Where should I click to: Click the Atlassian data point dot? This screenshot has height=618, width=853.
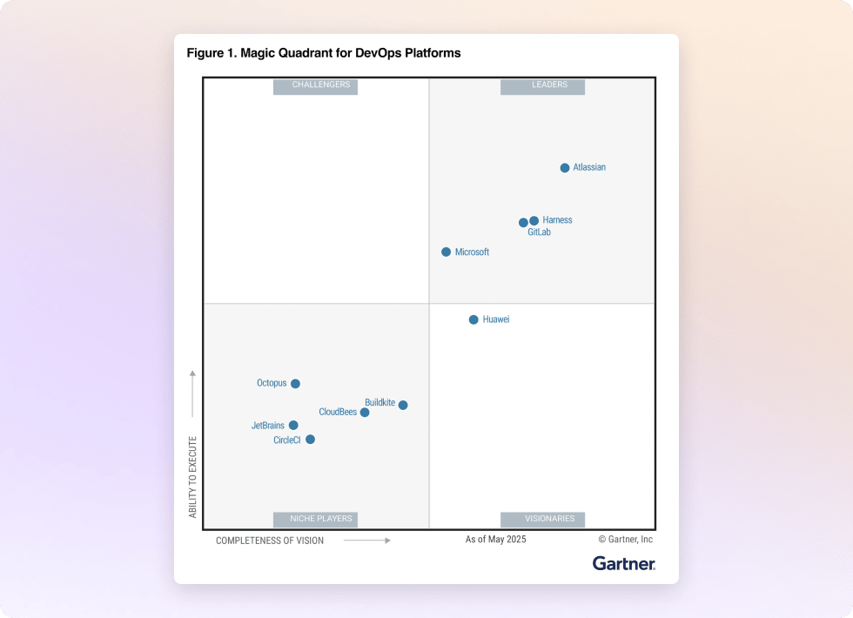pos(565,168)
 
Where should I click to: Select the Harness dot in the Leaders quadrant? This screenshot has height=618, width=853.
pos(534,221)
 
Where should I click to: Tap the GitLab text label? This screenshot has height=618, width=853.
pos(539,233)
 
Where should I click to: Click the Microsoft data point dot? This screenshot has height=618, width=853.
pos(447,252)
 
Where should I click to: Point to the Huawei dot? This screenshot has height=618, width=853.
pos(474,320)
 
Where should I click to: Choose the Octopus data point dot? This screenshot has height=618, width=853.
pos(295,384)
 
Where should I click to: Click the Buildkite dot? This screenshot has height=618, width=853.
pos(403,406)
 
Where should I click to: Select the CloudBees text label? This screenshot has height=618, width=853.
pos(338,413)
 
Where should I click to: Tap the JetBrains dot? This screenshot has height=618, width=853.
pos(293,426)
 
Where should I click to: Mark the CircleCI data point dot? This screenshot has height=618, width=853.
pos(310,440)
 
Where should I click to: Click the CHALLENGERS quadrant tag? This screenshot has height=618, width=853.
pos(315,85)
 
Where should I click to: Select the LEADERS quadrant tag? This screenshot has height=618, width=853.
pos(542,85)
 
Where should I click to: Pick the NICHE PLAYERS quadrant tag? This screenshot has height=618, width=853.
pos(315,520)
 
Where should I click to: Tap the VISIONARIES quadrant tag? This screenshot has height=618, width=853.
pos(542,520)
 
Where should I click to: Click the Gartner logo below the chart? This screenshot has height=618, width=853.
pos(623,564)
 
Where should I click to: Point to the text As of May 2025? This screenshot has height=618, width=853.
pos(495,540)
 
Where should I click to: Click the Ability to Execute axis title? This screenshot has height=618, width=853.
pos(193,477)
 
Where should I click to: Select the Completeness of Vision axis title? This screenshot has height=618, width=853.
pos(270,541)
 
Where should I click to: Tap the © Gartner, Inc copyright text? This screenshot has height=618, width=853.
pos(625,540)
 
